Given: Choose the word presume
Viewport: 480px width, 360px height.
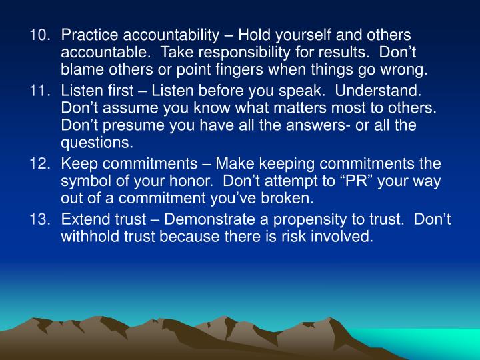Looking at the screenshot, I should pyautogui.click(x=131, y=125).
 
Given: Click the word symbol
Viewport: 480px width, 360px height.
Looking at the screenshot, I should pyautogui.click(x=86, y=181).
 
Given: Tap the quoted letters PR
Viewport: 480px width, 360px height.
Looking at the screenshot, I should pyautogui.click(x=359, y=181).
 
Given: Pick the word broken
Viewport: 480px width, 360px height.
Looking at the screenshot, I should pyautogui.click(x=289, y=199).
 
